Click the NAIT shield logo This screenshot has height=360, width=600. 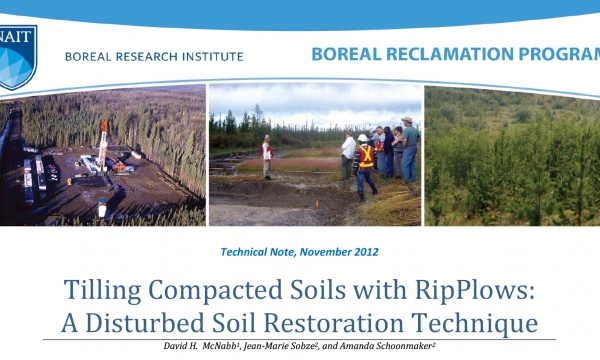pos(17,50)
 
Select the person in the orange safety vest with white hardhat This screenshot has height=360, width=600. pos(365,163)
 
